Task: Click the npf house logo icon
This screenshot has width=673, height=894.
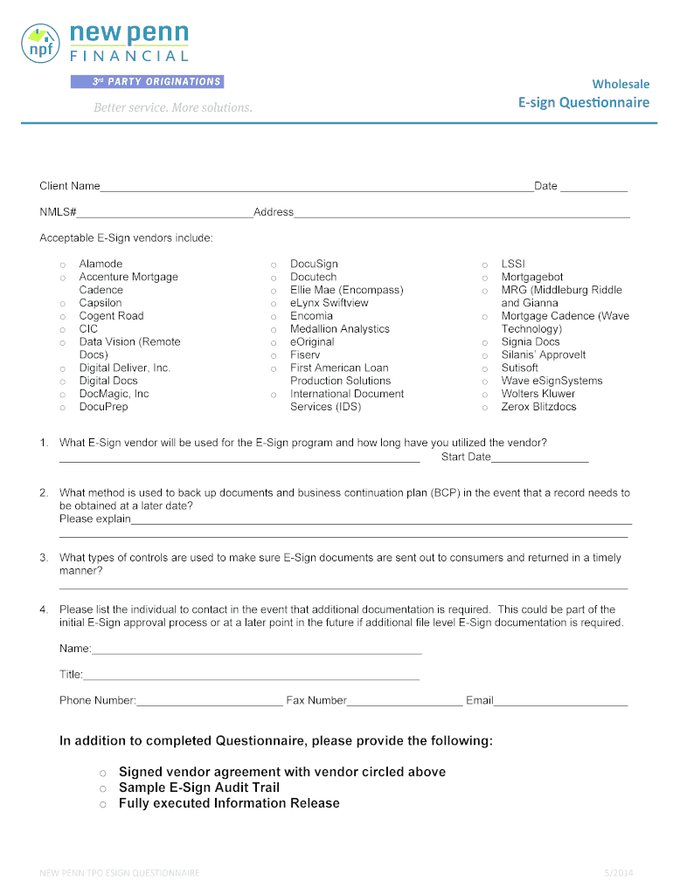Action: point(41,42)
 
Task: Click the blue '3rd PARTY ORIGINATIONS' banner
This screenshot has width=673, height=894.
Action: point(147,82)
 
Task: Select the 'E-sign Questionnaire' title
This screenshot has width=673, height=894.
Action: point(584,103)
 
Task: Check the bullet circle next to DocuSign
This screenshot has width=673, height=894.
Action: point(274,265)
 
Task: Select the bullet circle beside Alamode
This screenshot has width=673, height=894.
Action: point(62,265)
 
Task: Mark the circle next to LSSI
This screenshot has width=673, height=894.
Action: point(484,265)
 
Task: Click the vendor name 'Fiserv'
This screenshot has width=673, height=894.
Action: point(305,355)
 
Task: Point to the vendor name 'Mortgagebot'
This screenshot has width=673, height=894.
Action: point(531,278)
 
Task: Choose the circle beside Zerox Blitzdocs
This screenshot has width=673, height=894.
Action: point(484,408)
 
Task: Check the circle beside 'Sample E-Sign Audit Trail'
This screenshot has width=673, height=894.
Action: point(102,788)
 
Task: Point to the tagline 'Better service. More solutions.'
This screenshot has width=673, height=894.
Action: point(173,107)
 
